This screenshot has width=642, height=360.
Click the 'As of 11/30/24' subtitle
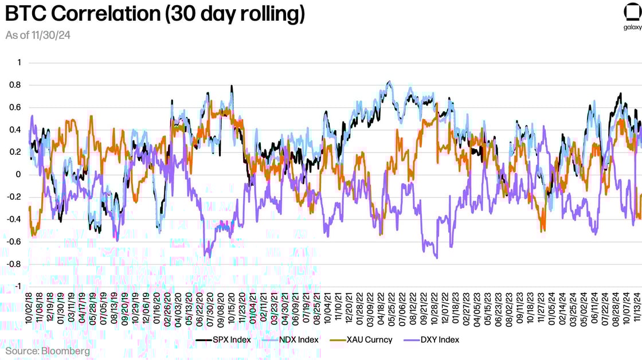point(38,36)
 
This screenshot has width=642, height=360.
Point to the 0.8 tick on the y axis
point(15,85)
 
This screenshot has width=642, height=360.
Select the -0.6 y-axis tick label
point(13,242)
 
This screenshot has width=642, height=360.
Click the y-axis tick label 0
point(18,175)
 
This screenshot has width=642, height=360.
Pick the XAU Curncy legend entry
point(362,340)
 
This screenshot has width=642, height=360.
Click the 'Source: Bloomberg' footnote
point(48,350)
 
